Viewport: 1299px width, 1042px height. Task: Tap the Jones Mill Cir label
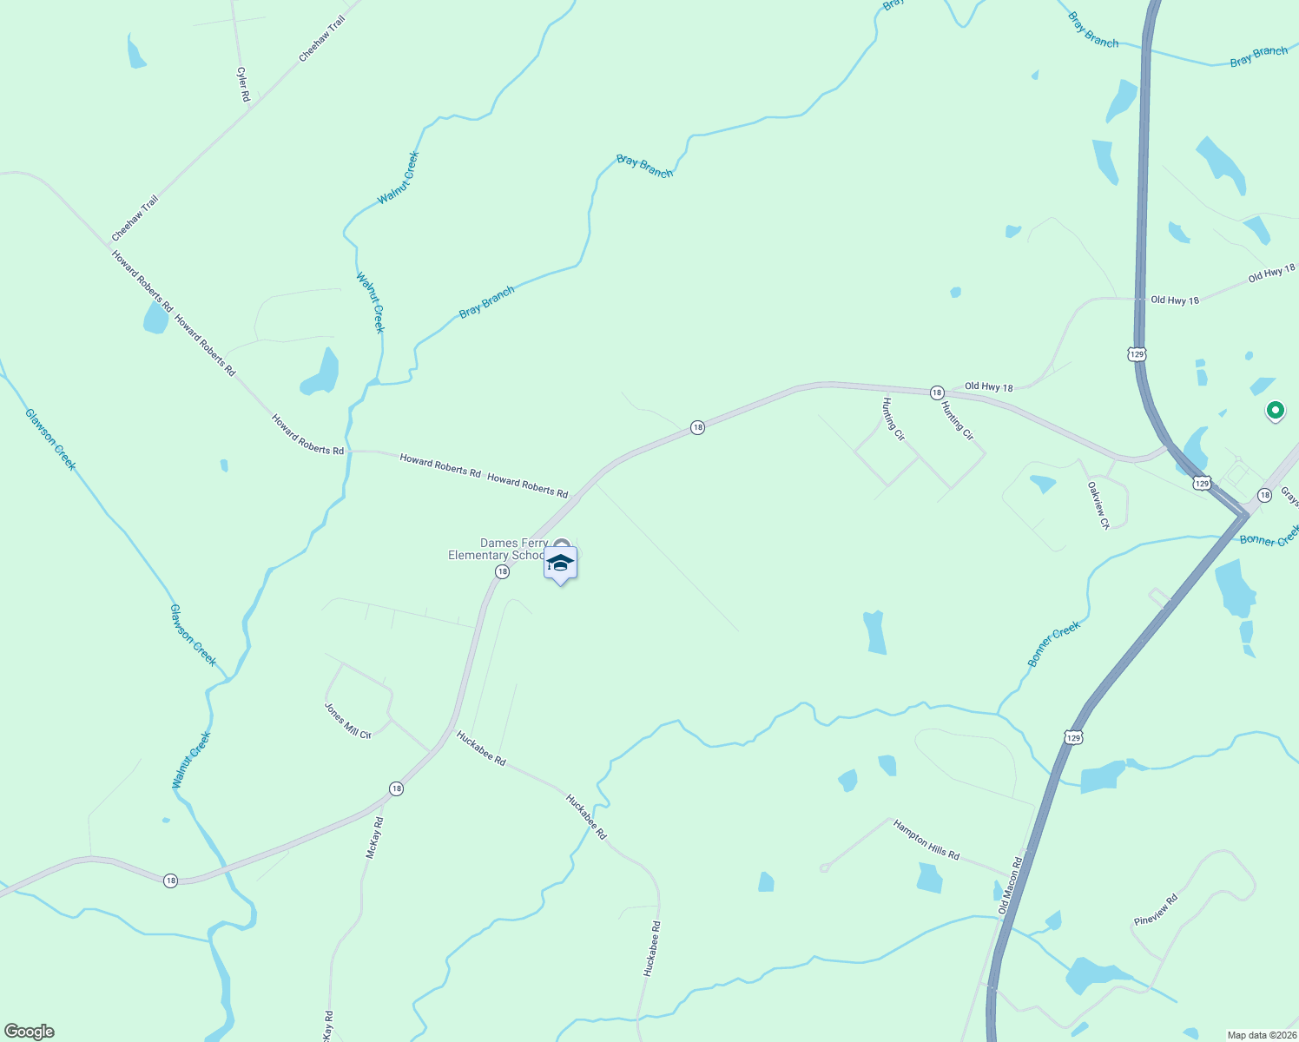pos(347,721)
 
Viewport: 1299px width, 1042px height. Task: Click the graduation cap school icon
pos(561,564)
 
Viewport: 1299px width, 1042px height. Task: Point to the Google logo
pos(29,1032)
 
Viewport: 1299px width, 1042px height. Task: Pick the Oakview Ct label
pos(1098,505)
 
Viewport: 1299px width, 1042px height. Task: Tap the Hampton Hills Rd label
pos(926,841)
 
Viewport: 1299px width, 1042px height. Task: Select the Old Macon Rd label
pos(1011,886)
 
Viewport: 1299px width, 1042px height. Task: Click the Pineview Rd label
pos(1156,909)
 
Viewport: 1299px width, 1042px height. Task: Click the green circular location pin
pos(1275,410)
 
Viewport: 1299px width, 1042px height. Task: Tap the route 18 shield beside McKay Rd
pos(396,788)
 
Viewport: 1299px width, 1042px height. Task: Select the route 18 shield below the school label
pos(502,571)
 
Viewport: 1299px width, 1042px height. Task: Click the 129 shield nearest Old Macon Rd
pos(1073,737)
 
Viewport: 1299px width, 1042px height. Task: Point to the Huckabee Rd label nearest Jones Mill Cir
pos(481,748)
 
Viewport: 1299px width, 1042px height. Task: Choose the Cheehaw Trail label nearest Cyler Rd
pos(322,39)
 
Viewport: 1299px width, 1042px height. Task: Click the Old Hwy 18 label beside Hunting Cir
pos(988,387)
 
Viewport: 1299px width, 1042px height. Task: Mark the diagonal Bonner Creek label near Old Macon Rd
pos(1054,644)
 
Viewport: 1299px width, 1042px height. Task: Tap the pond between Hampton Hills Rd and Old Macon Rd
pos(929,877)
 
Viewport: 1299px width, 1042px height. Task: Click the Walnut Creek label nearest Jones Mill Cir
pos(191,761)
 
